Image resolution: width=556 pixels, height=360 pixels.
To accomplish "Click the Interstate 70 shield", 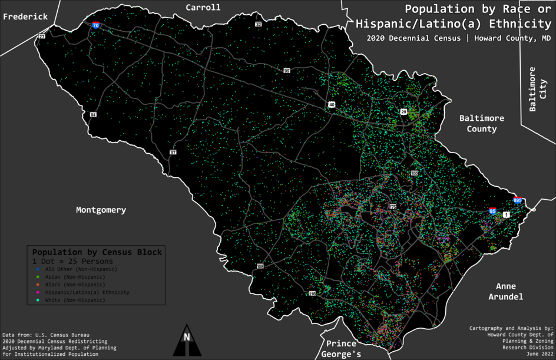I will pyautogui.click(x=95, y=25).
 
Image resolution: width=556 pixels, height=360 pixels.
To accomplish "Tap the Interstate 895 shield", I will pyautogui.click(x=518, y=200).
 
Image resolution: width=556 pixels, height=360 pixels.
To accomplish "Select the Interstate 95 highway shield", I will pyautogui.click(x=492, y=210).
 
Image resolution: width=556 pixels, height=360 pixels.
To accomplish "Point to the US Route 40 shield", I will pyautogui.click(x=332, y=105).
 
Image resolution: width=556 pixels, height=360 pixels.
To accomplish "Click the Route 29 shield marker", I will pyautogui.click(x=403, y=112).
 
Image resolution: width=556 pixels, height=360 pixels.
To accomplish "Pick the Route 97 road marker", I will pyautogui.click(x=173, y=152).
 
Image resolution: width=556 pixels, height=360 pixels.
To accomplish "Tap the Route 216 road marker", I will pyautogui.click(x=312, y=293).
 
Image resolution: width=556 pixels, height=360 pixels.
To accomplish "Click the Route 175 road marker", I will pyautogui.click(x=393, y=207).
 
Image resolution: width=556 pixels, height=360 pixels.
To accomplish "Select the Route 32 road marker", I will pyautogui.click(x=258, y=24).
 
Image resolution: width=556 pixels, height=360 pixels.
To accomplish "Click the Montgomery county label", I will pyautogui.click(x=101, y=210).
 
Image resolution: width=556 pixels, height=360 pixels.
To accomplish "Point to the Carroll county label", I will pyautogui.click(x=203, y=8).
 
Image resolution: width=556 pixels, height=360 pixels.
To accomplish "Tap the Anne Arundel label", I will pyautogui.click(x=505, y=292).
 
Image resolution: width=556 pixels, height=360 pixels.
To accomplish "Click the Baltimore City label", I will pyautogui.click(x=537, y=90).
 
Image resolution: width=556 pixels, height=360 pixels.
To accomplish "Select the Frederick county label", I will pyautogui.click(x=25, y=17).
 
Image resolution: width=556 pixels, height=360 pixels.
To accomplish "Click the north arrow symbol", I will pyautogui.click(x=187, y=341).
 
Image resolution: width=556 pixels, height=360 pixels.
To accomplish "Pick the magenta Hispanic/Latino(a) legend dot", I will pyautogui.click(x=38, y=292).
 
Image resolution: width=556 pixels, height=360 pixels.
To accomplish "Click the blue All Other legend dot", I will pyautogui.click(x=38, y=269).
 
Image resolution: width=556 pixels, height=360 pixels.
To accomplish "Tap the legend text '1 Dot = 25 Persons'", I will pyautogui.click(x=72, y=261).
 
